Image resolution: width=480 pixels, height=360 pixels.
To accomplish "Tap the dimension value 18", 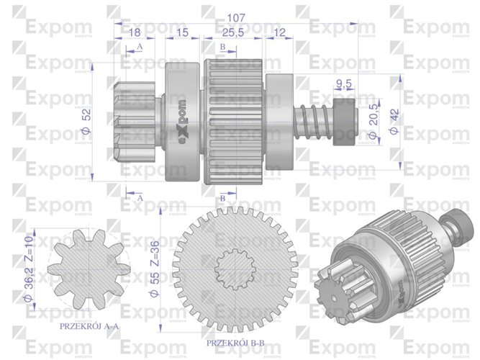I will (x=134, y=32).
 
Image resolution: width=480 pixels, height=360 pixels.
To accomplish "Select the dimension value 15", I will (x=182, y=32).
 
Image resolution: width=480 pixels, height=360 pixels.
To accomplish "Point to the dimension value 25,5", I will (x=231, y=32).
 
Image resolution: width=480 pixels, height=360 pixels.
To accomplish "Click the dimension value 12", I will (x=280, y=32).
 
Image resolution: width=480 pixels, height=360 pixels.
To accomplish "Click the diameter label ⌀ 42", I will (x=393, y=121).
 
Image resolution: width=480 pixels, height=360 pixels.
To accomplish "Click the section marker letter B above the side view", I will (x=223, y=46).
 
